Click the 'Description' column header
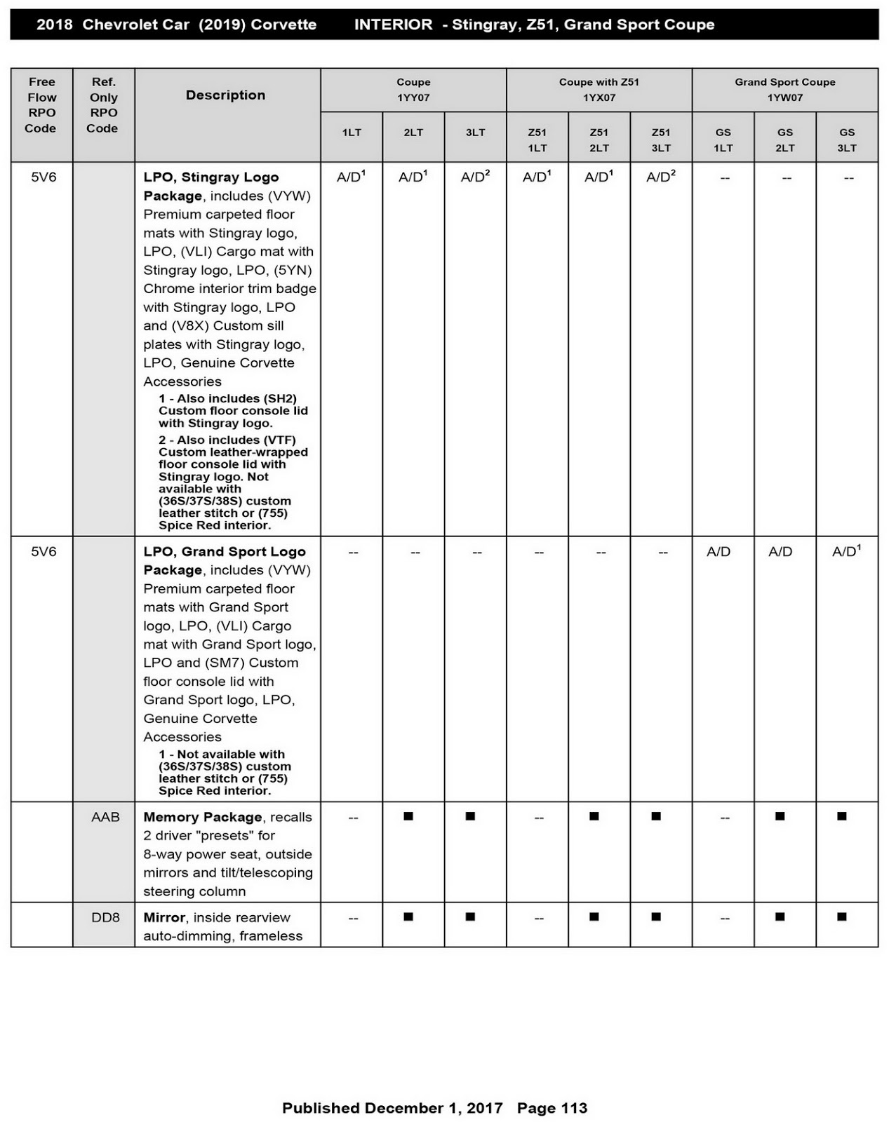(225, 95)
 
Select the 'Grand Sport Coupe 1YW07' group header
(784, 90)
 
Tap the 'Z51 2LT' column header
(599, 140)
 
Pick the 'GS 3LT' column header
(846, 140)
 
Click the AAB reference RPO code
(105, 817)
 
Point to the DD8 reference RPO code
(105, 917)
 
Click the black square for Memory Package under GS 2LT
(780, 816)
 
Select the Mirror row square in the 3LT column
(470, 917)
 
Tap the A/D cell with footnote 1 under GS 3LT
(845, 552)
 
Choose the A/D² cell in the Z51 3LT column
(660, 177)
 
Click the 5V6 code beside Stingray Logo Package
(44, 177)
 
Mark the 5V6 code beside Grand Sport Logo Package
(44, 552)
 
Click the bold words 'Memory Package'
(202, 817)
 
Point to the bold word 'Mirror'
(164, 917)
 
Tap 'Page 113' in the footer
(552, 1108)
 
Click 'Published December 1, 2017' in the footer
(392, 1108)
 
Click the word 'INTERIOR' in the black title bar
(393, 25)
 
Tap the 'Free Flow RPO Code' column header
(41, 105)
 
